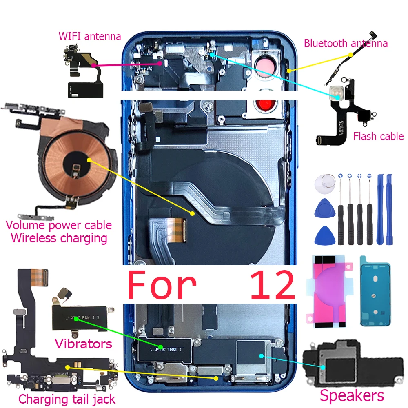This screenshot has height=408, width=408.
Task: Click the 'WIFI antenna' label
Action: coord(90,36)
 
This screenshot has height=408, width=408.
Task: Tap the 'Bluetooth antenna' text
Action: coord(346,43)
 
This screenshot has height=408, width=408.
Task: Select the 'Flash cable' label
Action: coord(378,136)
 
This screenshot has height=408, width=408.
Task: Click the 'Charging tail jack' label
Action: coord(67,399)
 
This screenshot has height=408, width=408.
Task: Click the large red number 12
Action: coord(272,285)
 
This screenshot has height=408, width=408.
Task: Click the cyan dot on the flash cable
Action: coord(334,94)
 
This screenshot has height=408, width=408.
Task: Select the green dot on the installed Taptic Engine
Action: coord(161,348)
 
